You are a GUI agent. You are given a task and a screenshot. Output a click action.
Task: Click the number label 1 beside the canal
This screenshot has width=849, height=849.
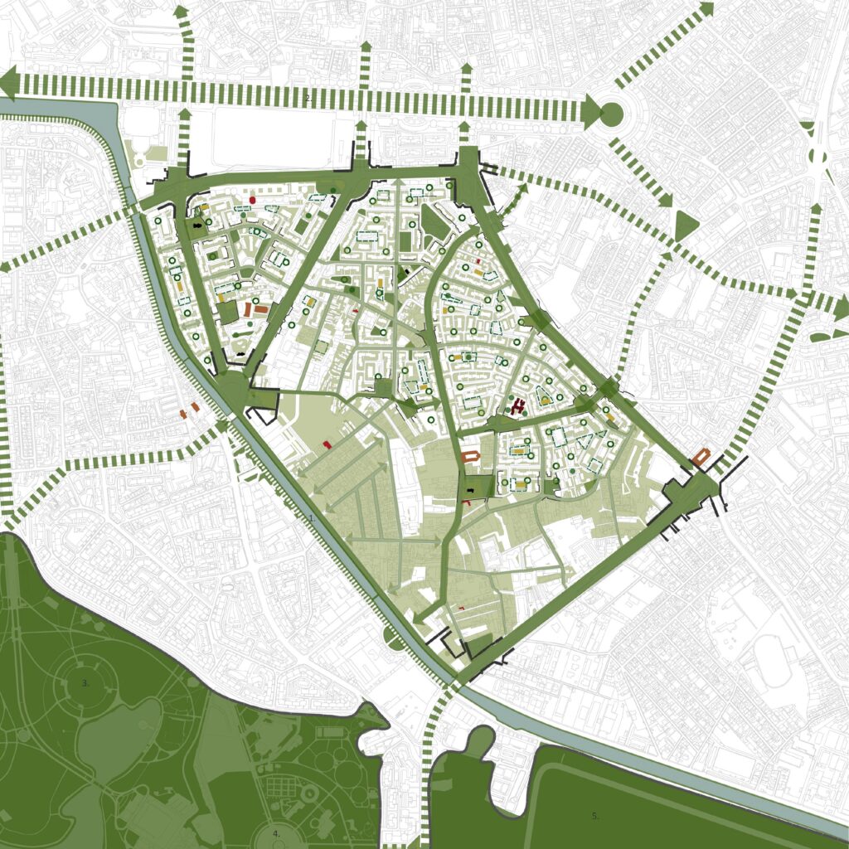(x=311, y=517)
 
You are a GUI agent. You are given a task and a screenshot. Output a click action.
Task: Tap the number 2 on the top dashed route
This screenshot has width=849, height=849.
(x=308, y=99)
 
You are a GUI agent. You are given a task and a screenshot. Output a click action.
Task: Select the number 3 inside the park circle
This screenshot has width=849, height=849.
(x=85, y=683)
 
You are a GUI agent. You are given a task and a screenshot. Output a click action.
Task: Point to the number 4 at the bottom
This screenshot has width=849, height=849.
(x=277, y=832)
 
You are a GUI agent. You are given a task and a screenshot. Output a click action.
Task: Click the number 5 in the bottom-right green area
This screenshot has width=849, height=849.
(x=595, y=816)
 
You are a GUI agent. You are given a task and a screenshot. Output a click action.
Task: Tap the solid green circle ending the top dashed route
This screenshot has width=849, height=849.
(x=610, y=114)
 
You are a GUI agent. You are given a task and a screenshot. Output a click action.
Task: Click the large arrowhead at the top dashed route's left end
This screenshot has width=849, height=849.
(x=10, y=83)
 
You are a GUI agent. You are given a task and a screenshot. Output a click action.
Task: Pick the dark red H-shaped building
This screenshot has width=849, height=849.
(x=520, y=406)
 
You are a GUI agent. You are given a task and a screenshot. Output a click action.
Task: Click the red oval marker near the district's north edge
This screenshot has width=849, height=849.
(x=252, y=201)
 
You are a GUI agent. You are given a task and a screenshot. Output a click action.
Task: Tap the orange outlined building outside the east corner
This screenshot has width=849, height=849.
(x=701, y=457)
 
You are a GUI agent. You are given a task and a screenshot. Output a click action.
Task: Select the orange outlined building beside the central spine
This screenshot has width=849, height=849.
(x=472, y=458)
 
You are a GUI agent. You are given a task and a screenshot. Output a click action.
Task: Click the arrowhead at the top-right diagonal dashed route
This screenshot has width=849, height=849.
(x=706, y=8)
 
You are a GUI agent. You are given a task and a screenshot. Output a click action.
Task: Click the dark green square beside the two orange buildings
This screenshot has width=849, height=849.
(x=227, y=313)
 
